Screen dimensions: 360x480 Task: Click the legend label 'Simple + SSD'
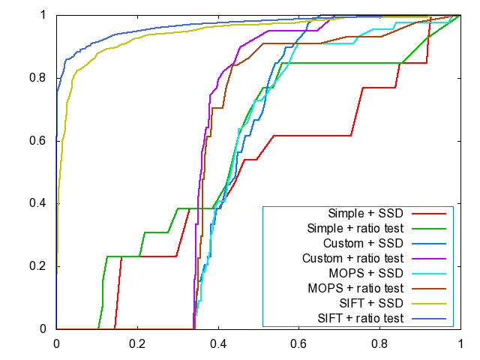[366, 213]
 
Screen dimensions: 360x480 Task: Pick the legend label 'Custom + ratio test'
[354, 258]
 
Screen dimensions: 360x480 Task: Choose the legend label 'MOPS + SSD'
[367, 273]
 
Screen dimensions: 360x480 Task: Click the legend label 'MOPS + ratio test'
[356, 288]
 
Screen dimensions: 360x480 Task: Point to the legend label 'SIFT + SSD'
[369, 303]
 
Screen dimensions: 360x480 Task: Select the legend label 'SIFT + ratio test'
[358, 318]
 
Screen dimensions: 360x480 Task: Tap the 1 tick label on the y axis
[45, 15]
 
